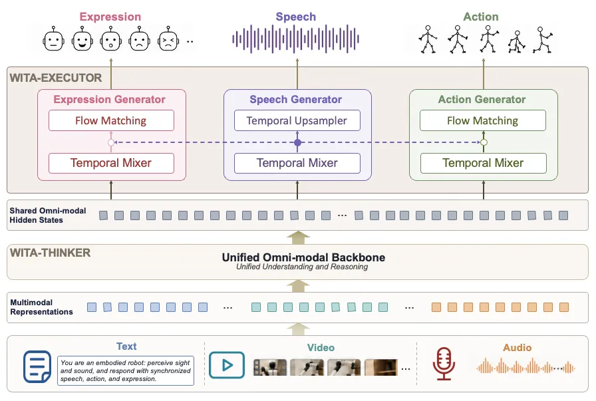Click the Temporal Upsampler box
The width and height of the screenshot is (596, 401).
[x=297, y=120]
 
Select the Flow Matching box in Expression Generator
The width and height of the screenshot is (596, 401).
[x=111, y=120]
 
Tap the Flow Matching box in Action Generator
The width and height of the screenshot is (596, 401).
[x=483, y=120]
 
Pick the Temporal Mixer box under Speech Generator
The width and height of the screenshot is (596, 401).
[x=297, y=163]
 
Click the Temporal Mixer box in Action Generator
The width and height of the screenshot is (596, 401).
[x=483, y=163]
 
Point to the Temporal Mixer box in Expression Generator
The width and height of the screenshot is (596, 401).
[x=111, y=163]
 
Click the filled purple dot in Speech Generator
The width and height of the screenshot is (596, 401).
[x=297, y=142]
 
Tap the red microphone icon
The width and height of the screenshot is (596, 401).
[x=444, y=364]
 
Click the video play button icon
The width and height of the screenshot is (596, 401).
[x=227, y=365]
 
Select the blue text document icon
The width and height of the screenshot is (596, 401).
[x=37, y=366]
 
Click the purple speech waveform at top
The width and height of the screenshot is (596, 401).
[x=295, y=39]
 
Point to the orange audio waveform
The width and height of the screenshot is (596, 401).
[x=525, y=367]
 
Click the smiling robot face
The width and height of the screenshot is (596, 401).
[x=82, y=39]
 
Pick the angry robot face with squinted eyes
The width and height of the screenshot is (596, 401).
[x=168, y=39]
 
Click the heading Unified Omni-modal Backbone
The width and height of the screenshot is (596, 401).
[x=303, y=257]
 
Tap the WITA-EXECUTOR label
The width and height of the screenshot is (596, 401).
[x=56, y=78]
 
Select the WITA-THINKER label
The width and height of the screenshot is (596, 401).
[x=50, y=253]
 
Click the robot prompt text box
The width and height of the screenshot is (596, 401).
[x=126, y=370]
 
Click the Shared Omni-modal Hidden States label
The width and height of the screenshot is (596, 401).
[x=47, y=215]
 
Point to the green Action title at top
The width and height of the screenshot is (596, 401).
[x=480, y=17]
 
